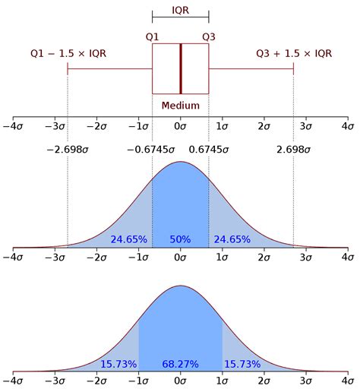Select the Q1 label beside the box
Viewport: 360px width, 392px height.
(x=153, y=36)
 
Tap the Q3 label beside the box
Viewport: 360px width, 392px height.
(x=209, y=36)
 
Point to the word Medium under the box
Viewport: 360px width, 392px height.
(x=181, y=106)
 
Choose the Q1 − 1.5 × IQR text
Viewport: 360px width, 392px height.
(x=68, y=53)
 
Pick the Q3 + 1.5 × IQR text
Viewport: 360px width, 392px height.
(x=293, y=53)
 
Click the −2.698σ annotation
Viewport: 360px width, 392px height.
(x=68, y=150)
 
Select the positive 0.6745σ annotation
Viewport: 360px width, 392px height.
(x=209, y=150)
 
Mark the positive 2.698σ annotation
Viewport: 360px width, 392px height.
(x=293, y=150)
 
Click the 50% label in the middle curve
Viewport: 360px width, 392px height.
(x=180, y=239)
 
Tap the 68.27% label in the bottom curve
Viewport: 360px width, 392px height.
(x=180, y=365)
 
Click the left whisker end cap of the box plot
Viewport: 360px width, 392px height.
(x=68, y=68)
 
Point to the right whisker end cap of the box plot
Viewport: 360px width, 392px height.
(x=293, y=68)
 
